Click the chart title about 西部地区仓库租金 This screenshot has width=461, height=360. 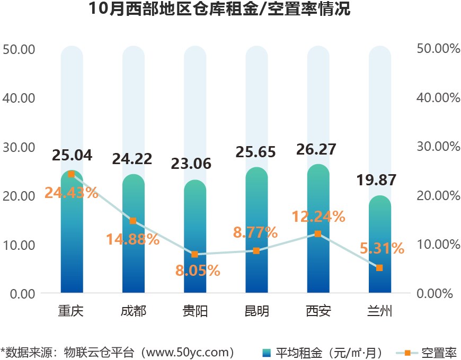219,10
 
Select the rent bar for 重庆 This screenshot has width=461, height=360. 72,238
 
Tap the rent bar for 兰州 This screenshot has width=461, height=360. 379,249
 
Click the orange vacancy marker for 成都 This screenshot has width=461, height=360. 133,221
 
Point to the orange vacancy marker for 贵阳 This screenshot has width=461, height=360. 194,255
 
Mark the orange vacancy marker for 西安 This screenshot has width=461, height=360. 318,233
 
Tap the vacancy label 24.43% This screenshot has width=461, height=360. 72,193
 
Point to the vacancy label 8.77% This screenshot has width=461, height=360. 256,232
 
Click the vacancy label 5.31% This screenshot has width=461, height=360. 379,248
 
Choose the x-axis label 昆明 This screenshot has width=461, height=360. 256,311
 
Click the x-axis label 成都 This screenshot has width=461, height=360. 133,311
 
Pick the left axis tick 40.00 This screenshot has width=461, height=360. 19,98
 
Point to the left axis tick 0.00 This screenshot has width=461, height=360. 22,293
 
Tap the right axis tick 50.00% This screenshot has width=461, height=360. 438,49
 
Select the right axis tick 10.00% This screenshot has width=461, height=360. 438,245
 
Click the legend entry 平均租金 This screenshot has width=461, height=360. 324,352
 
